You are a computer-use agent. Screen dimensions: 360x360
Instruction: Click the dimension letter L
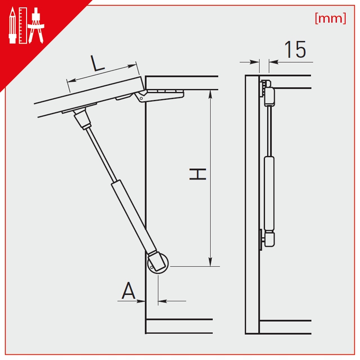(98, 63)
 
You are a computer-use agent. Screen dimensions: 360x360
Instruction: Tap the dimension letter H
(198, 174)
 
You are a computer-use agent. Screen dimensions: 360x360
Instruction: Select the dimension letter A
(128, 290)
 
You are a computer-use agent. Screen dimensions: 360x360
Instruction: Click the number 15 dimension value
(295, 49)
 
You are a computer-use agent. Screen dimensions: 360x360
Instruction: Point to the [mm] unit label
(330, 18)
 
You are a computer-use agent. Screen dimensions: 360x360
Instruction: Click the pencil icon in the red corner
(12, 25)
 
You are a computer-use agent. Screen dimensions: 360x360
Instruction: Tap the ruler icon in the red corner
(23, 25)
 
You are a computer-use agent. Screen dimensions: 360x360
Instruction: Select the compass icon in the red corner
(36, 25)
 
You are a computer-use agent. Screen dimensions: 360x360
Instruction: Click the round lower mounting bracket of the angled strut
(158, 263)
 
